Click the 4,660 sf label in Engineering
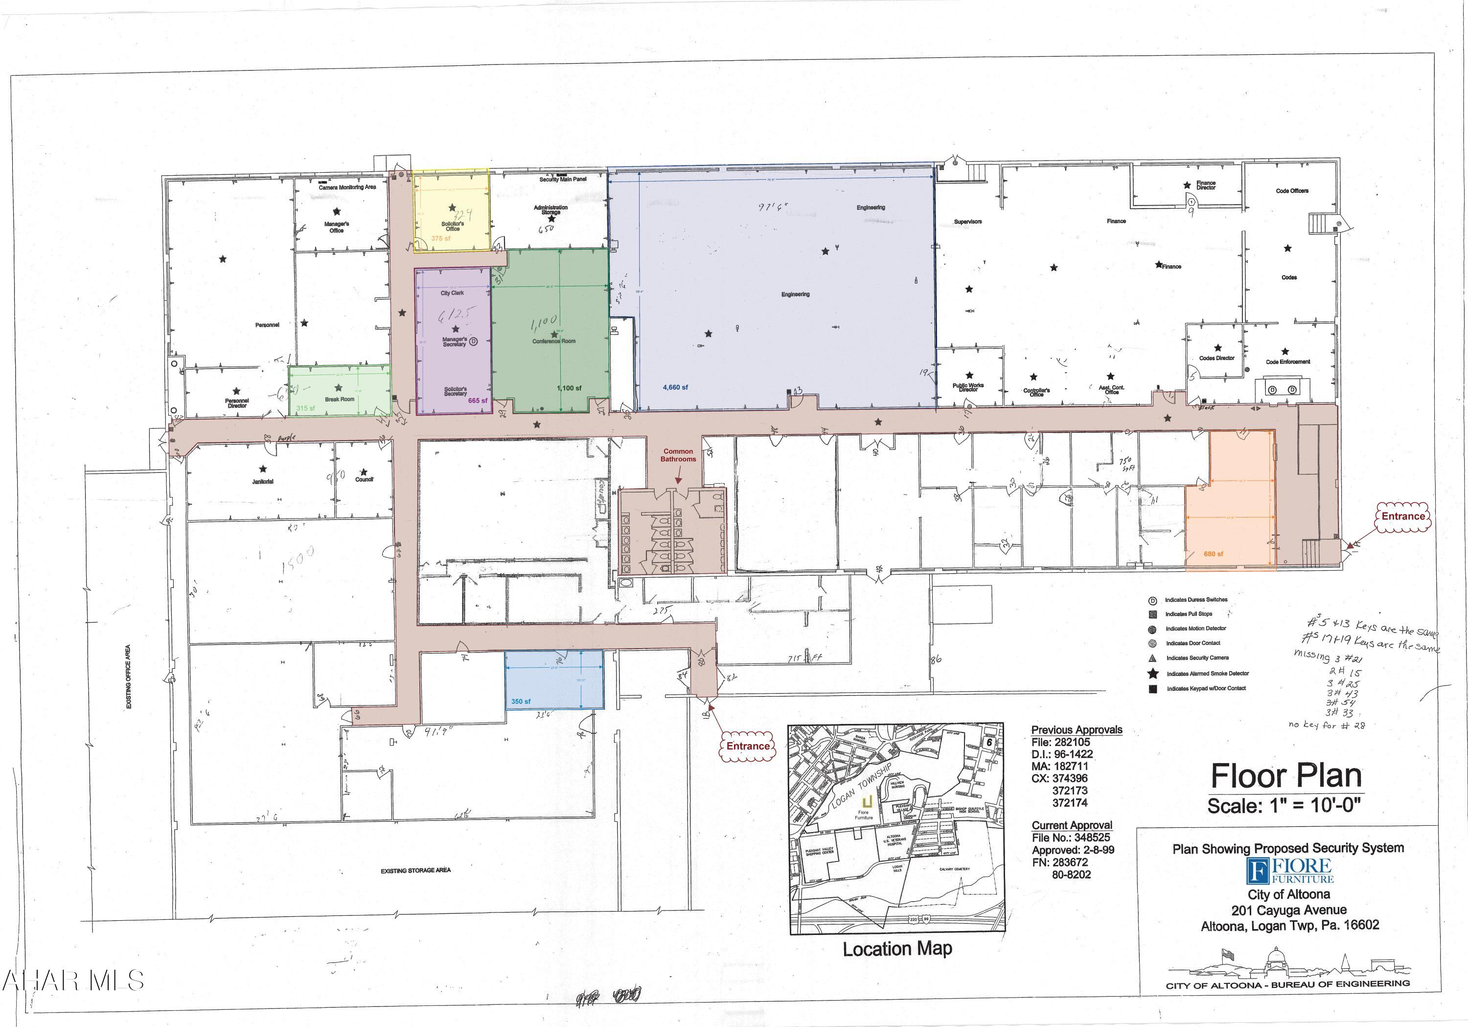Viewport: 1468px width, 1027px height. tap(675, 388)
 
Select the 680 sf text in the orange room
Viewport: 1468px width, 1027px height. tap(1213, 554)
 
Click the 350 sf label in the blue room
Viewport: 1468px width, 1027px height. tap(521, 701)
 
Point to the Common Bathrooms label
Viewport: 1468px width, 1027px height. tap(678, 455)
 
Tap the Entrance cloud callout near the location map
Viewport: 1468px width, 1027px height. tap(747, 747)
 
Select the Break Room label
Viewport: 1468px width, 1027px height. tap(339, 399)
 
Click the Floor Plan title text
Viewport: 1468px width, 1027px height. tap(1286, 776)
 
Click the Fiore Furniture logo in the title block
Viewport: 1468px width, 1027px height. tap(1289, 871)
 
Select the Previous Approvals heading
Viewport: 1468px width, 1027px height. tap(1077, 730)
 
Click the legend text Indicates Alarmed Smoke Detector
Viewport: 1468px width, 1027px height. tap(1207, 674)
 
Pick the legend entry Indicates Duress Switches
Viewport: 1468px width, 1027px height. tap(1195, 600)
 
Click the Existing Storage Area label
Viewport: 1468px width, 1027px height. tap(415, 870)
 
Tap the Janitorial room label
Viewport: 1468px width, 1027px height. tap(262, 482)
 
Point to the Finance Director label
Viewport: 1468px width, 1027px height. tap(1206, 186)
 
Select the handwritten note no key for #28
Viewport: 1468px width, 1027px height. tap(1327, 725)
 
